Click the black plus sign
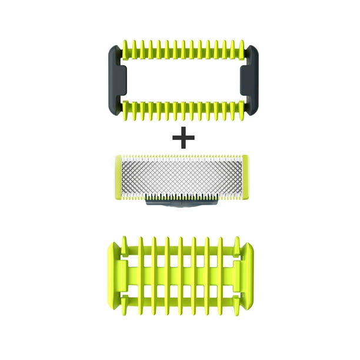click(x=183, y=139)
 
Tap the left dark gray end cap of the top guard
click(x=115, y=80)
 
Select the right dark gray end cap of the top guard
click(x=249, y=80)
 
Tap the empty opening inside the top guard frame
click(x=182, y=80)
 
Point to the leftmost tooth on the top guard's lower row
click(x=125, y=110)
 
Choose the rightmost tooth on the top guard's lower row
click(x=241, y=110)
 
